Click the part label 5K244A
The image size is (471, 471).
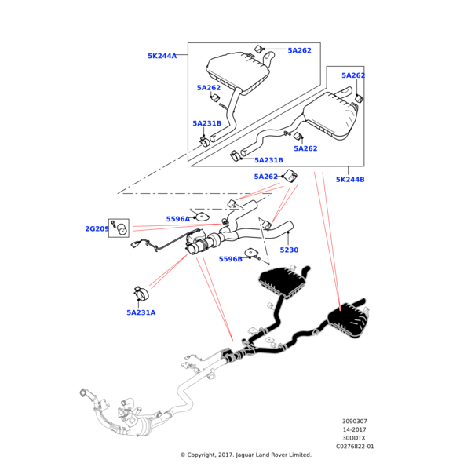tap(162, 56)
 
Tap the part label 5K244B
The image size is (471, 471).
tap(350, 180)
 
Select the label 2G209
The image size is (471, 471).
tap(97, 229)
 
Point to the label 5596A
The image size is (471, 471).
tap(177, 219)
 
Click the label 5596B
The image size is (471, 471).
tap(230, 259)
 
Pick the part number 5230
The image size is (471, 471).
tap(289, 250)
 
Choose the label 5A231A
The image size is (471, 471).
tap(141, 312)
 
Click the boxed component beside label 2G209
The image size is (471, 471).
tap(119, 228)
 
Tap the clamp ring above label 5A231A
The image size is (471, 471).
tap(141, 294)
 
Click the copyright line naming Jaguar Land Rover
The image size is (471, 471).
tap(246, 455)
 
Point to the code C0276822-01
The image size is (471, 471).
tap(356, 446)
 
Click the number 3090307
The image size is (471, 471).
tap(353, 421)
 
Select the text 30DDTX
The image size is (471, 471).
tap(353, 438)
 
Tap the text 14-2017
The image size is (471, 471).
tap(353, 429)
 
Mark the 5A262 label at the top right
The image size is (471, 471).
tap(353, 75)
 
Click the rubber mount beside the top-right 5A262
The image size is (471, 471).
tap(360, 97)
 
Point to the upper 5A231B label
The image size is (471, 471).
tap(206, 123)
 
